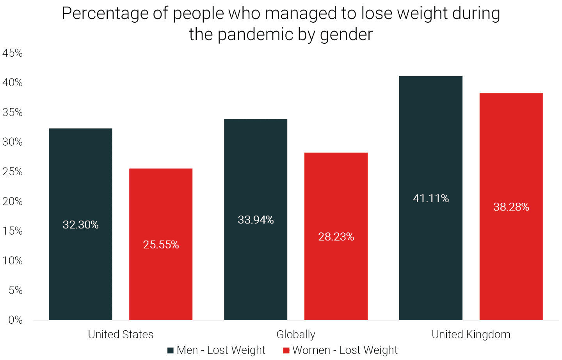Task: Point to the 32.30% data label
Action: pyautogui.click(x=81, y=225)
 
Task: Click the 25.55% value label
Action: pyautogui.click(x=161, y=245)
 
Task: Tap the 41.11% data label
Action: pyautogui.click(x=431, y=199)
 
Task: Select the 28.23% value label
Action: pyautogui.click(x=336, y=237)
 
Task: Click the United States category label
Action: pyautogui.click(x=121, y=335)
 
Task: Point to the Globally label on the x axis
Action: pyautogui.click(x=296, y=335)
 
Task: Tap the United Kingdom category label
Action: pyautogui.click(x=471, y=335)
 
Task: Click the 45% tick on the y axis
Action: pyautogui.click(x=12, y=53)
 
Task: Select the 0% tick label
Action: pyautogui.click(x=16, y=320)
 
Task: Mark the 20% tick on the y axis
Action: pyautogui.click(x=12, y=201)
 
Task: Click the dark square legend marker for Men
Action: pyautogui.click(x=171, y=350)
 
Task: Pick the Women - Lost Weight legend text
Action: pyautogui.click(x=345, y=350)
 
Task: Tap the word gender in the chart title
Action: pyautogui.click(x=346, y=34)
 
